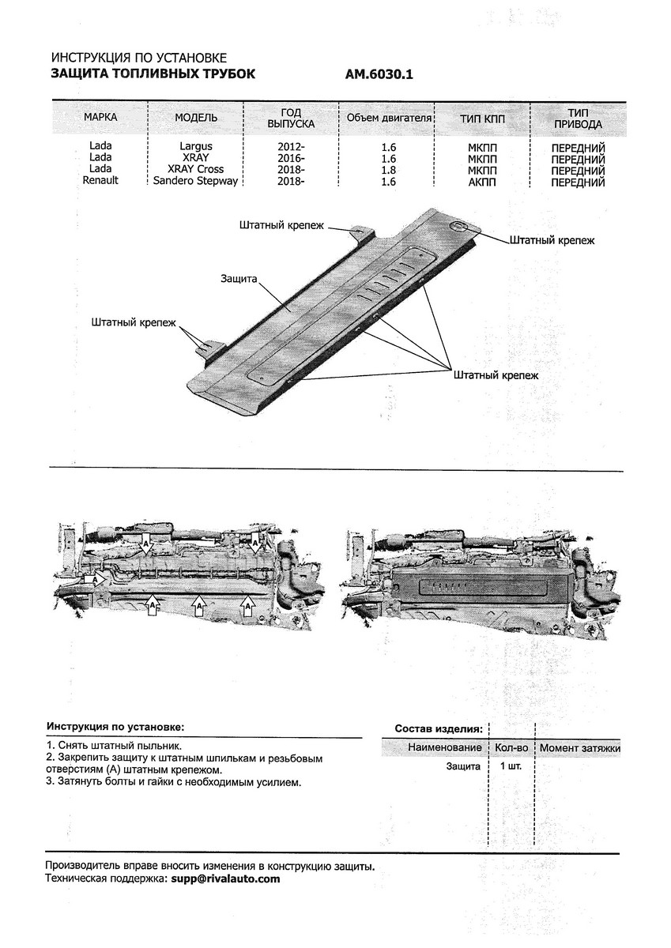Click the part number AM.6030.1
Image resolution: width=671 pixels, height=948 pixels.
click(379, 75)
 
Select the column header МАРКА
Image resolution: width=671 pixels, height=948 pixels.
click(100, 118)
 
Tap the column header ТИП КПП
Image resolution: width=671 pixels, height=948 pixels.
click(482, 118)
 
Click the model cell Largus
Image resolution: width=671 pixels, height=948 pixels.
click(195, 146)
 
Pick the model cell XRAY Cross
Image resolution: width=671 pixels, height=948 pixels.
click(195, 169)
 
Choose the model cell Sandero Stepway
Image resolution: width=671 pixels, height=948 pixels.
click(195, 181)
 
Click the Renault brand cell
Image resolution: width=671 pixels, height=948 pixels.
click(100, 181)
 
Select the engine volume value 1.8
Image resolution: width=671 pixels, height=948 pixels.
click(388, 169)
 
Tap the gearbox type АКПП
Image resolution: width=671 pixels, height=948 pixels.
click(482, 181)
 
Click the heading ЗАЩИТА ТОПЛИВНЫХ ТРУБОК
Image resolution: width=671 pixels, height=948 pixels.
click(153, 74)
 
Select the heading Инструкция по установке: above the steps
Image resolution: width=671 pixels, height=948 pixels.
click(114, 726)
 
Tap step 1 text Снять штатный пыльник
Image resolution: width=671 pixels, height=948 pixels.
click(114, 745)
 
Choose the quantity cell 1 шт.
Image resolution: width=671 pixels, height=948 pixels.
click(510, 766)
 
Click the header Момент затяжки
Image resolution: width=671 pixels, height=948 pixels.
click(580, 747)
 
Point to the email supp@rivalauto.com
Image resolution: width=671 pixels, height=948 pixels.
click(224, 878)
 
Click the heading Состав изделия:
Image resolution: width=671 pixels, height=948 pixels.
click(438, 728)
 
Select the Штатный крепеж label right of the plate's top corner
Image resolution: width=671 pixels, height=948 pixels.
click(552, 239)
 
